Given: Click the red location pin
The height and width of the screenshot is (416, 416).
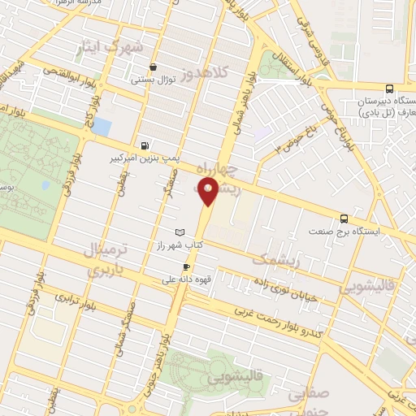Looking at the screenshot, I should pos(209,192).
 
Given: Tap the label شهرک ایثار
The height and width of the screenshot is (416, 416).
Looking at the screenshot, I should pos(117,47).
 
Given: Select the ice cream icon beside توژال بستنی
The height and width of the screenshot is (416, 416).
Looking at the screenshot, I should pos(153,67).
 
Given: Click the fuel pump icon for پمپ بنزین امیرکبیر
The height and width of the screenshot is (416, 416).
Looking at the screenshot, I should pos(145,146).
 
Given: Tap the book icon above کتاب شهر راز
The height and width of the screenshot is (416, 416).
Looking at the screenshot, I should pos(180,232).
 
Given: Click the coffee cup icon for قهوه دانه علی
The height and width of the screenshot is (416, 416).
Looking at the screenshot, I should pos(187,267).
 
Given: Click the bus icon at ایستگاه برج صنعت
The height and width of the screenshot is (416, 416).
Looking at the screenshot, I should pos(344,219).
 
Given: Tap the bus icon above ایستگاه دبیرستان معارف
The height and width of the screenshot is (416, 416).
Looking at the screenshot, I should pos(389,89).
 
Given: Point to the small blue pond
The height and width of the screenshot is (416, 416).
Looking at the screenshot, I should pos(102,127).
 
